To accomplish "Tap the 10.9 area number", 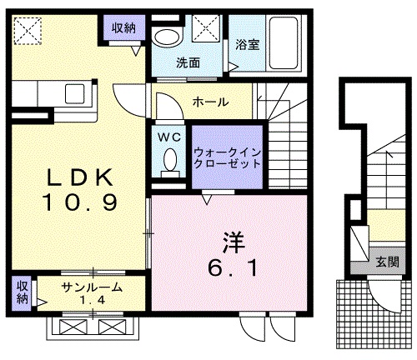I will (79, 202).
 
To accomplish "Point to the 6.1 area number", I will (233, 268).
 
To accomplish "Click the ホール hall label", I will (213, 101).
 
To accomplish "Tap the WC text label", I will (169, 136).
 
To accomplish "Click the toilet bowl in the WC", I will (170, 159).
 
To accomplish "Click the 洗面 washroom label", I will (186, 61).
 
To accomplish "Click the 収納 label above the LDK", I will (123, 28).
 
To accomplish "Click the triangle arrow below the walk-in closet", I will (206, 197).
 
